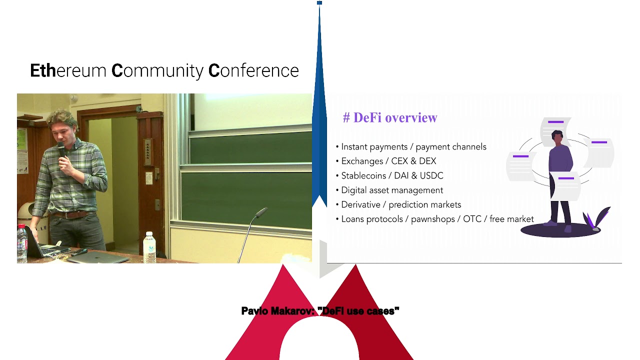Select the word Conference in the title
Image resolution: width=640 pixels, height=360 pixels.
click(x=253, y=71)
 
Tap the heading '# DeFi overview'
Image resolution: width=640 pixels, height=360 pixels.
click(x=390, y=118)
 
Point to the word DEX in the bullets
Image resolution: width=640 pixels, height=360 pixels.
click(x=427, y=161)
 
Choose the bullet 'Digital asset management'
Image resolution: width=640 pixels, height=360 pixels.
click(x=392, y=190)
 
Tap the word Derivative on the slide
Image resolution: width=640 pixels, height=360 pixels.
click(x=361, y=205)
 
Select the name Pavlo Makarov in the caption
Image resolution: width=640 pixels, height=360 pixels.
click(x=276, y=311)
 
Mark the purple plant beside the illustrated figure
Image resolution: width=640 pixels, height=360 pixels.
click(x=596, y=219)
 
